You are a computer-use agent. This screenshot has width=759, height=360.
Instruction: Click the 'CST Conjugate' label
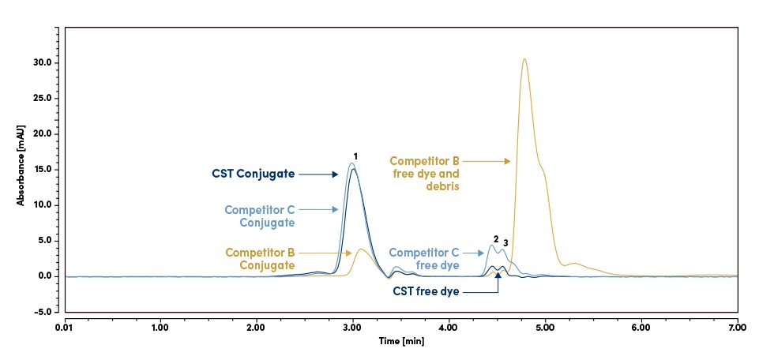[253, 174]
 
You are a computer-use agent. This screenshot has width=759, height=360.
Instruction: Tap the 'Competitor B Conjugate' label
[261, 258]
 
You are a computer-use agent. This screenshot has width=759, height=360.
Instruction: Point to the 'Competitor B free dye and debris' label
[427, 172]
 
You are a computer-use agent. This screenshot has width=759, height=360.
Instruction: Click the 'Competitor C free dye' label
[426, 259]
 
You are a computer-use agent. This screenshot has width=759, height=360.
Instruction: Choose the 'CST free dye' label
[426, 291]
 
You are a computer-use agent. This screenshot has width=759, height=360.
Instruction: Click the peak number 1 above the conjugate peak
[356, 156]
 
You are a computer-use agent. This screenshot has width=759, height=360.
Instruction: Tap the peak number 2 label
[496, 239]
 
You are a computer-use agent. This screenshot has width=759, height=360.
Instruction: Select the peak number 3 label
[505, 242]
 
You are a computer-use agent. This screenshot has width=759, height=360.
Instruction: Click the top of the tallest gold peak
[524, 59]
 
